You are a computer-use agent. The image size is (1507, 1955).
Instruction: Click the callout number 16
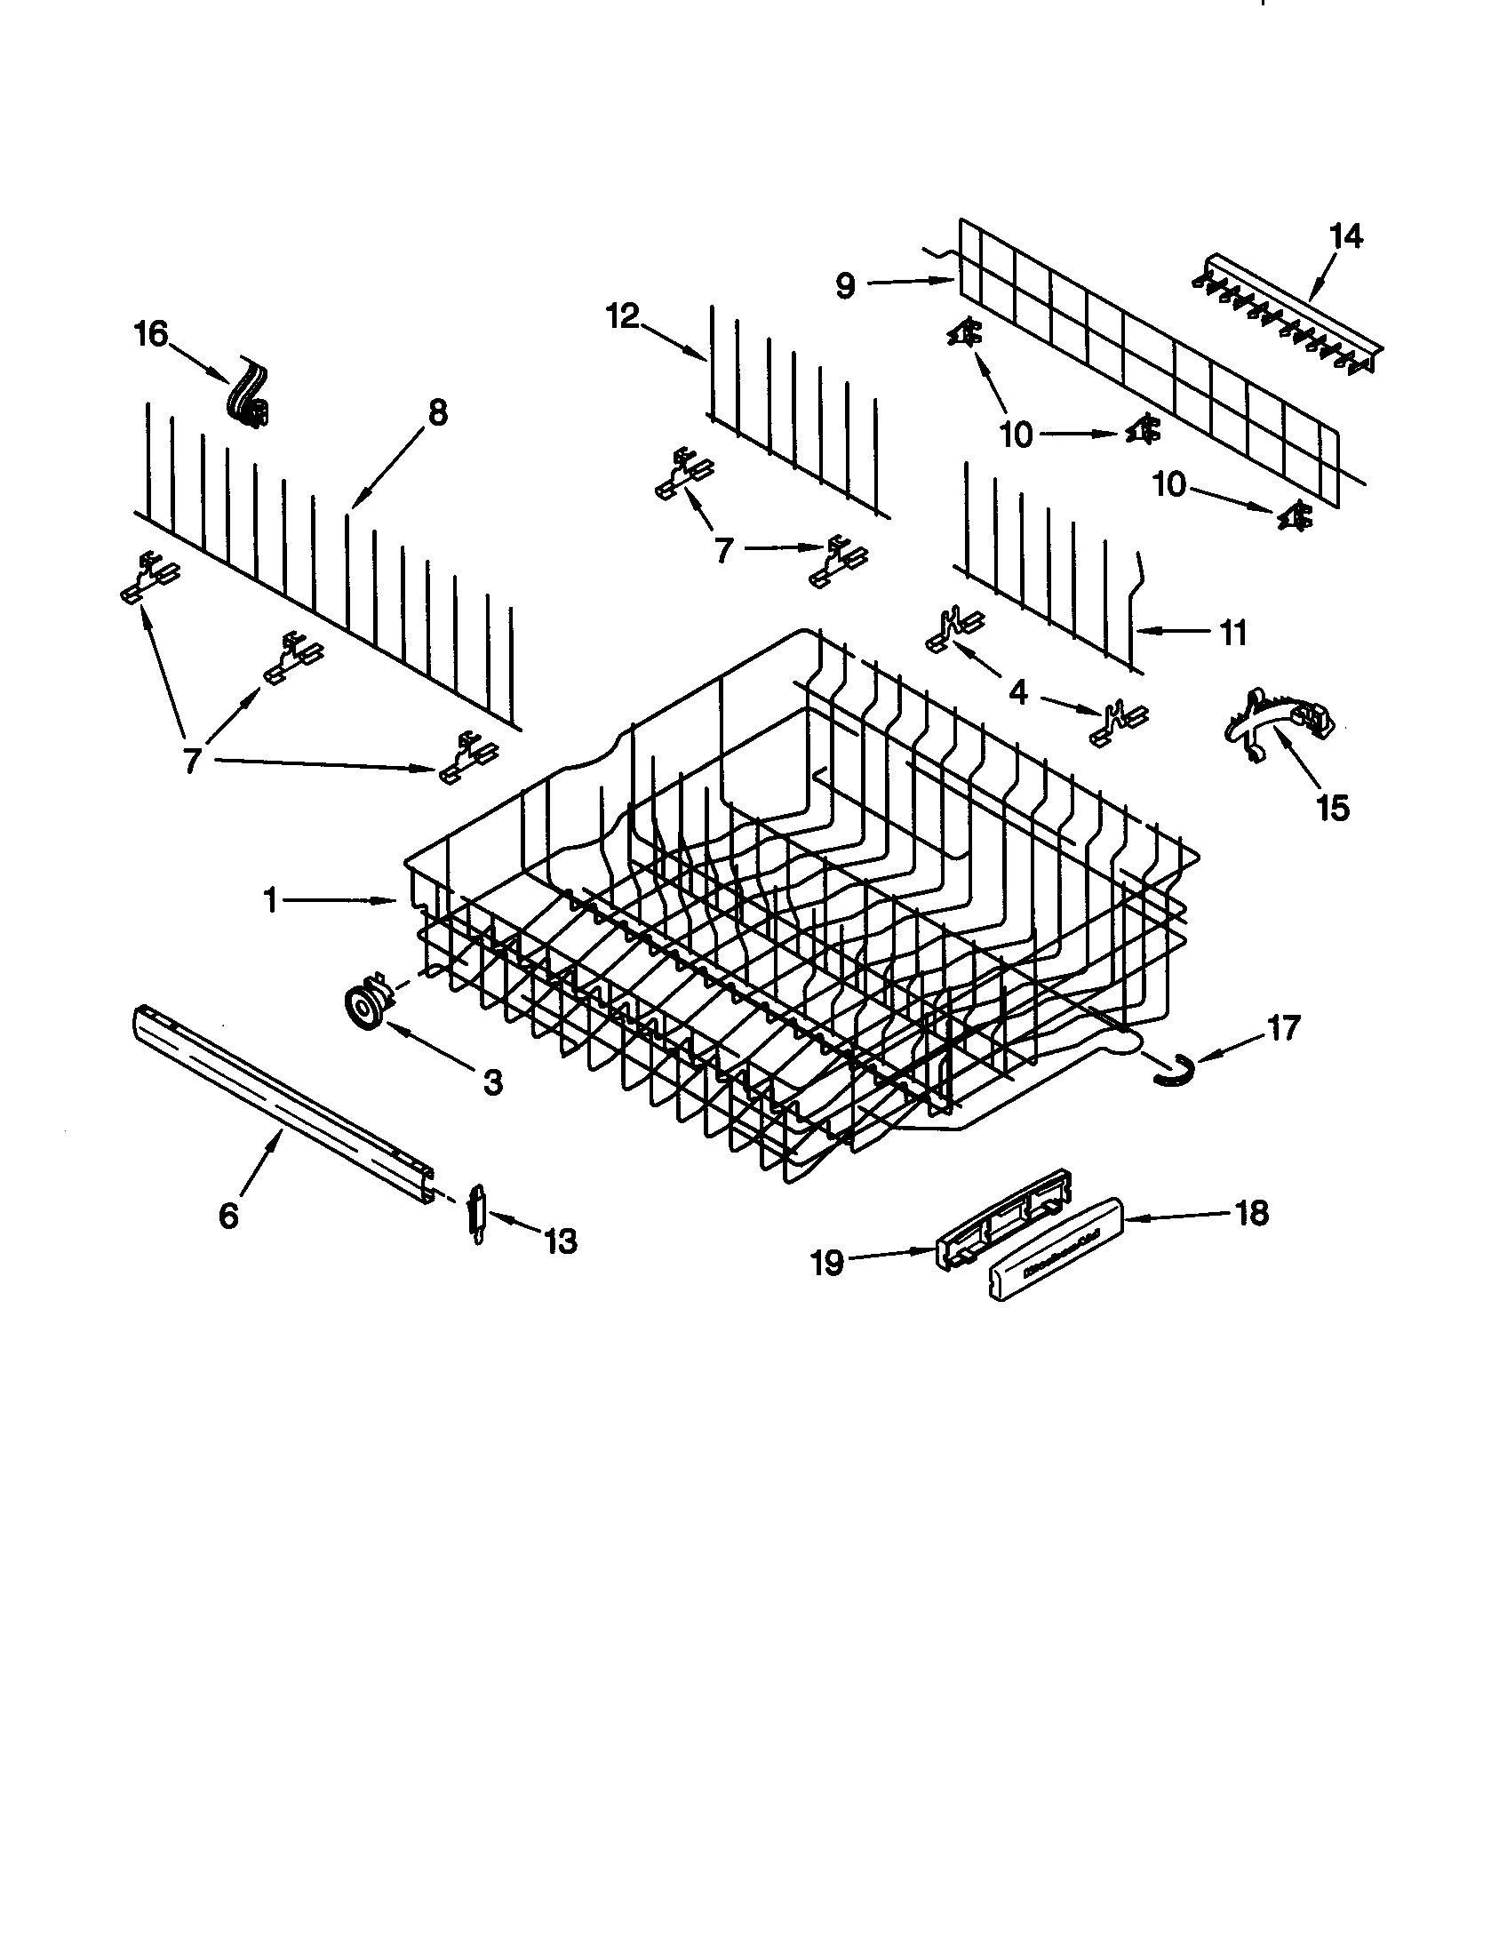(150, 335)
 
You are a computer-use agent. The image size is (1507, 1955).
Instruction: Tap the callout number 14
(1345, 236)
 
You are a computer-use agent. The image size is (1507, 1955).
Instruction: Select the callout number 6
(228, 1215)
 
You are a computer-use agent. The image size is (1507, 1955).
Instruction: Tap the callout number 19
(827, 1263)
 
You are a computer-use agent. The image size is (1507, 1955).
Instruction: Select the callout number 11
(1233, 633)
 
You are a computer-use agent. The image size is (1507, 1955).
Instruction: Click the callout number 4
(1018, 691)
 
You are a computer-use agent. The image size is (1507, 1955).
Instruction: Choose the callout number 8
(435, 412)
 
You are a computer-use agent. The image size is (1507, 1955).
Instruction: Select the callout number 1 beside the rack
(269, 900)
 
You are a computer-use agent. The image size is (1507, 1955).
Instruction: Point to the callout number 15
(1333, 808)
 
